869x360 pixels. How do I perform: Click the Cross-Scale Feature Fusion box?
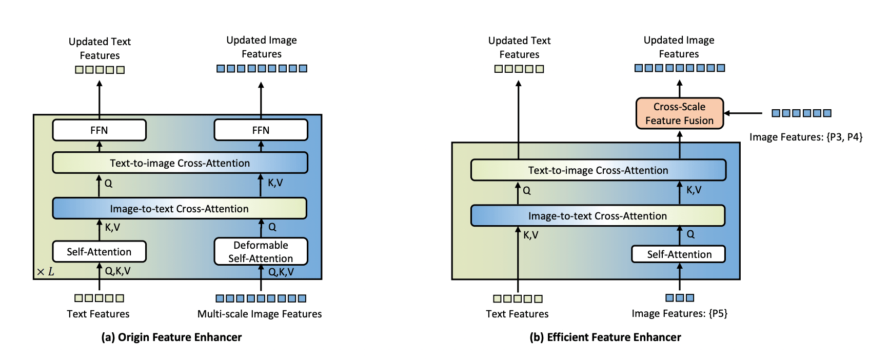(x=680, y=113)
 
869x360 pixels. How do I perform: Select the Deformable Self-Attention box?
(x=261, y=251)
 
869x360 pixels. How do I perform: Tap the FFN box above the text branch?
(x=100, y=130)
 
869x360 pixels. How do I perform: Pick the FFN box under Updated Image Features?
(x=261, y=130)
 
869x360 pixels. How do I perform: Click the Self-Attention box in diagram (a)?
(x=100, y=251)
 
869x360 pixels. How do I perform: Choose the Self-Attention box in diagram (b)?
(x=679, y=254)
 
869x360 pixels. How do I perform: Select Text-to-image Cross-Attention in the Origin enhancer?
(x=180, y=163)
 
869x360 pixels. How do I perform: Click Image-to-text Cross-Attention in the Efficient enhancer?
(x=598, y=216)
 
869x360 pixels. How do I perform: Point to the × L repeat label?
(x=45, y=272)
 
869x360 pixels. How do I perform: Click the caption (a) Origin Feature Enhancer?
(x=171, y=337)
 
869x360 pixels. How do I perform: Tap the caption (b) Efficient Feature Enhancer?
(x=605, y=337)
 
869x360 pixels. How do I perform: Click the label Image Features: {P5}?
(x=680, y=313)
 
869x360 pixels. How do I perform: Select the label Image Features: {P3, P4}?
(x=806, y=137)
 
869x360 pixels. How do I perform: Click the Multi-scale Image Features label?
(x=260, y=314)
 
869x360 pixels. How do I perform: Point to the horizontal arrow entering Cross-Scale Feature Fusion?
(x=744, y=113)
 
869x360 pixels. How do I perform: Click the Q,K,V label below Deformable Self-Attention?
(x=281, y=272)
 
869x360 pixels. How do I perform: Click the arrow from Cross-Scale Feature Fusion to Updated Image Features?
(x=680, y=89)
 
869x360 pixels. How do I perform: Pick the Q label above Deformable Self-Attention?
(x=272, y=227)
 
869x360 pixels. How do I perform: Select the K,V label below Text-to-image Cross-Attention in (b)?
(x=694, y=190)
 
